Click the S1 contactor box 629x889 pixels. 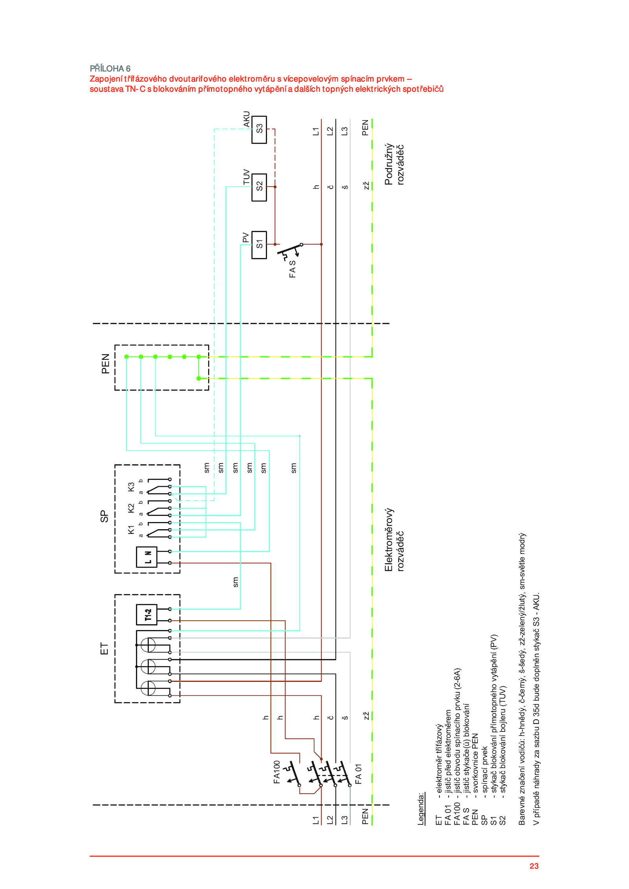pos(259,245)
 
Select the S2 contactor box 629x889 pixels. pos(259,187)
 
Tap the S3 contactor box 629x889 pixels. pos(259,130)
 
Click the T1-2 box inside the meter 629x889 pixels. pos(147,615)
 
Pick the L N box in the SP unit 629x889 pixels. pos(147,557)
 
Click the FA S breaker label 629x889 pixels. pos(292,269)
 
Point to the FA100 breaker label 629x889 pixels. pos(277,772)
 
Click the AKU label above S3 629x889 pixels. pos(246,119)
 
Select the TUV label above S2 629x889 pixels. pos(246,177)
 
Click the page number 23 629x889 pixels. pos(534,866)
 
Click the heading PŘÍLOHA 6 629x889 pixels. pos(110,68)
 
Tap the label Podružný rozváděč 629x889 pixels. pos(394,164)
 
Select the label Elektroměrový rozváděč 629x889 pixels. pos(394,540)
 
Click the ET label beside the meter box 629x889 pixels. pos(104,649)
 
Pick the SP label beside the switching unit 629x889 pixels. pos(104,516)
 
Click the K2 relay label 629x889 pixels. pos(131,508)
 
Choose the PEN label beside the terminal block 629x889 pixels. pos(105,364)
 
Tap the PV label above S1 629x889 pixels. pos(246,238)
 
